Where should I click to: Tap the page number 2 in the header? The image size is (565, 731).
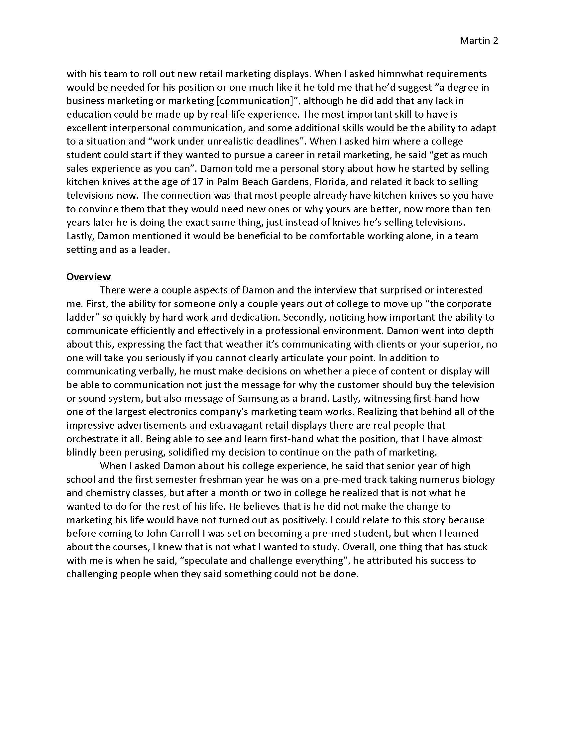pyautogui.click(x=496, y=41)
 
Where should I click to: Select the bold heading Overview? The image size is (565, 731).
pyautogui.click(x=88, y=276)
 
